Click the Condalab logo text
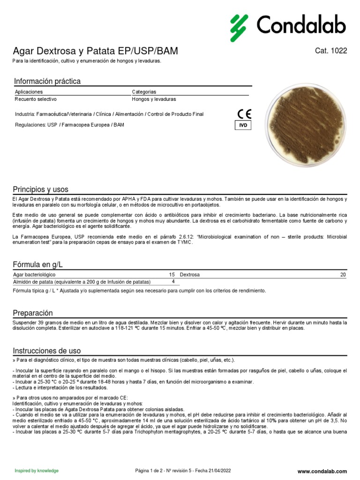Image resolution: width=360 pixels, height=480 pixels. click(301, 25)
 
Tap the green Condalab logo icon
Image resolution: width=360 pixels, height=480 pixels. click(239, 28)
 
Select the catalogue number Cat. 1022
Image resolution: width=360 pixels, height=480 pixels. click(331, 51)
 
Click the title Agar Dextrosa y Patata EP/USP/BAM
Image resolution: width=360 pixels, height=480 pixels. click(95, 51)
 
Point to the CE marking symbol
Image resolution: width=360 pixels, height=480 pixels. click(244, 114)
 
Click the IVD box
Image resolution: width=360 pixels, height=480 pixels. click(243, 126)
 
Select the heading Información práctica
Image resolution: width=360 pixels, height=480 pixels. click(47, 82)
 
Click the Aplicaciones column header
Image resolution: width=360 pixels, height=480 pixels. click(29, 92)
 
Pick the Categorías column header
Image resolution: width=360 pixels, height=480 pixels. click(144, 92)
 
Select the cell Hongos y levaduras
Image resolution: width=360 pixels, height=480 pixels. click(154, 99)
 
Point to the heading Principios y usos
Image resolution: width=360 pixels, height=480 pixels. click(40, 190)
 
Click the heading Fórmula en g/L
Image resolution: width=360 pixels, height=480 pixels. click(38, 265)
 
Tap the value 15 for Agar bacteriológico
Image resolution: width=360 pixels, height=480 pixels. click(172, 275)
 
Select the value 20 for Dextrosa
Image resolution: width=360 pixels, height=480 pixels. click(343, 275)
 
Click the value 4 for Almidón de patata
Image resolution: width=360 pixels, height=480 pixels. click(173, 282)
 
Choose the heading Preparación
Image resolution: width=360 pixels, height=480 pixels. click(33, 313)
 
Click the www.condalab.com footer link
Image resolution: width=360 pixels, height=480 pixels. click(322, 471)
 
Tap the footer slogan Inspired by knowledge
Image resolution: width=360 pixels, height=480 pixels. click(37, 471)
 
